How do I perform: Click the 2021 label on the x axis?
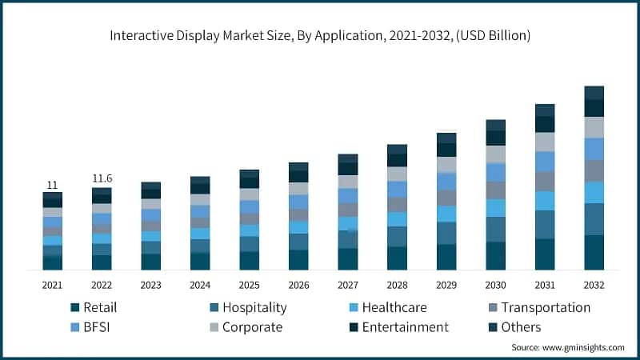[53, 285]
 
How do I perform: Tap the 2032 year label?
[594, 285]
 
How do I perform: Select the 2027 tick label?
[348, 285]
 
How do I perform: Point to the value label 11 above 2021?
[52, 185]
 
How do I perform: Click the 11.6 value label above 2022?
[102, 177]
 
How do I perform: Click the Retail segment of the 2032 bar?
[594, 253]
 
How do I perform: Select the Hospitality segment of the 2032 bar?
[594, 219]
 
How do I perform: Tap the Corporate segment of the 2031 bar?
[545, 142]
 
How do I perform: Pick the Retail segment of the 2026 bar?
[298, 260]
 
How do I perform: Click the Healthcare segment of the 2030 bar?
[496, 208]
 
